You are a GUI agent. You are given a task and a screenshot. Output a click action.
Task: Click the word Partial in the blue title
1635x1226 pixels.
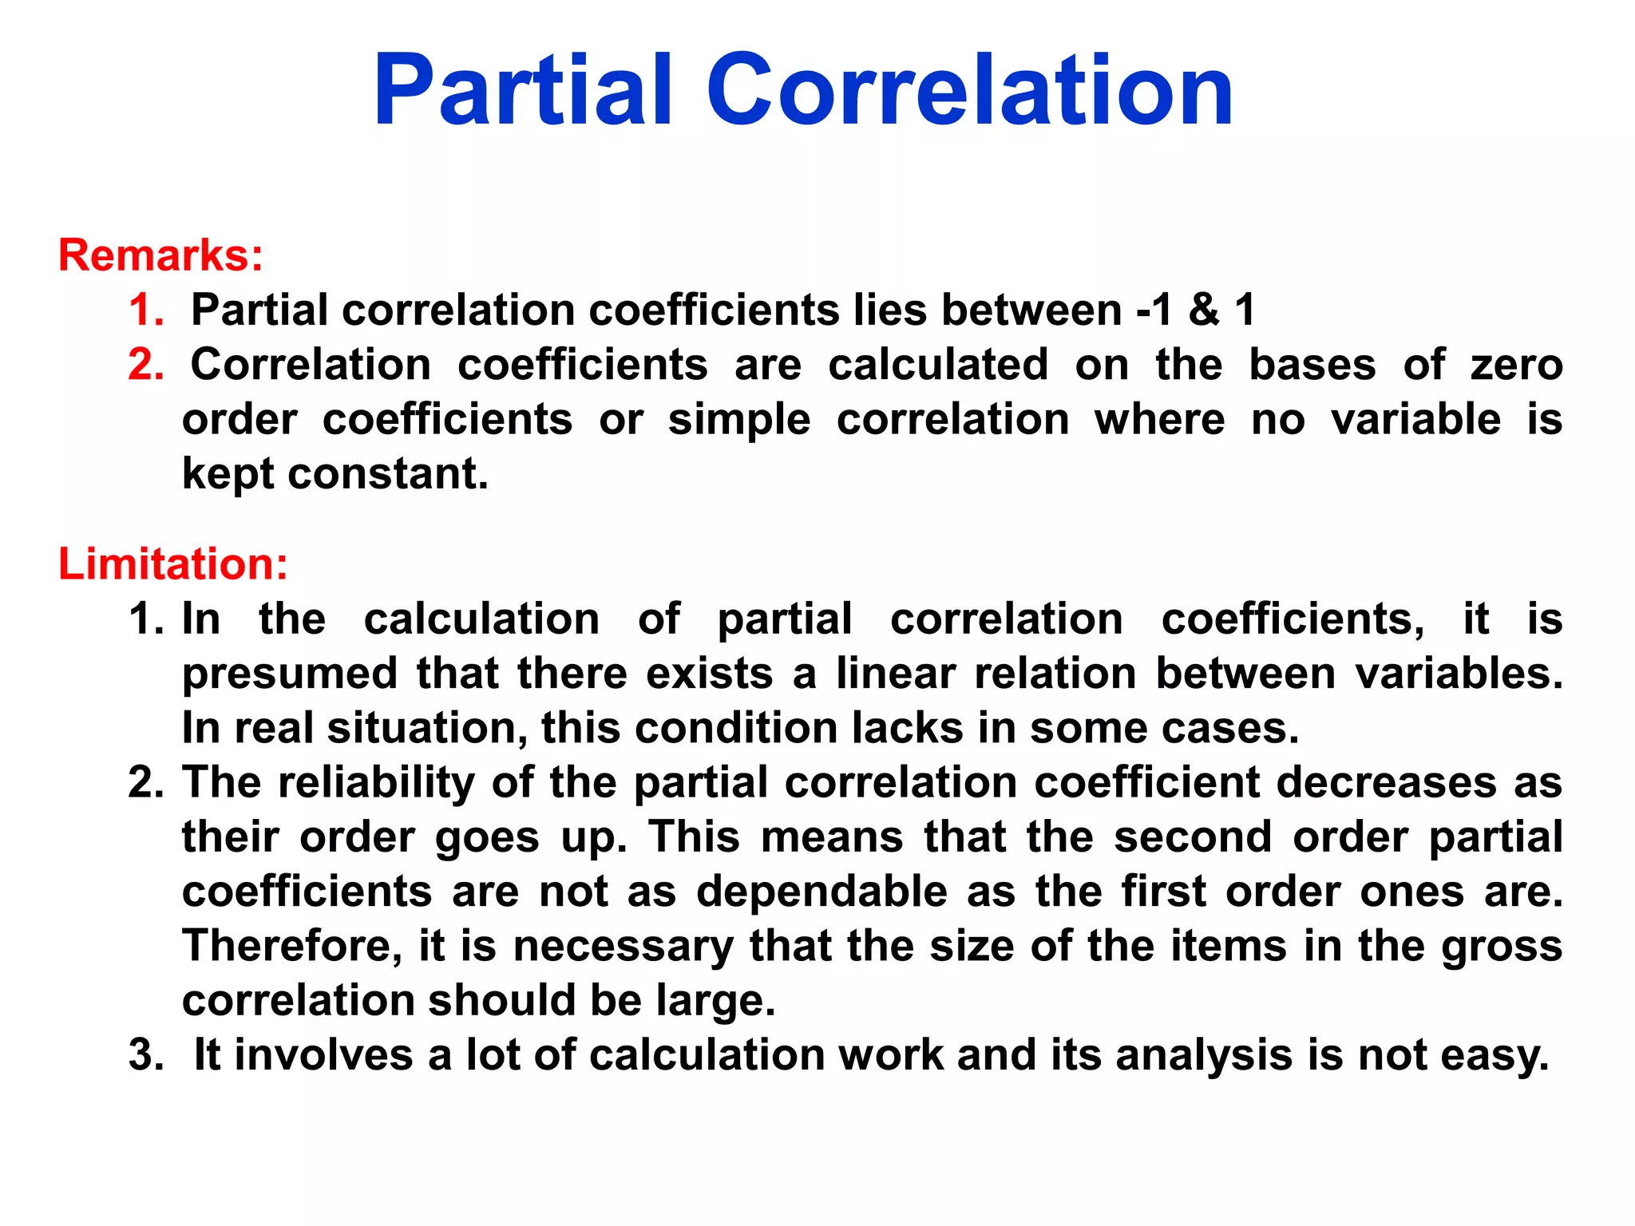[523, 89]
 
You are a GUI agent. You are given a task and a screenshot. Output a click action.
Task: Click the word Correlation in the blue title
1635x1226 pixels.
[970, 89]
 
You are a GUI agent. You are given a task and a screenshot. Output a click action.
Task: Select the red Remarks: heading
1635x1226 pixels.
[160, 255]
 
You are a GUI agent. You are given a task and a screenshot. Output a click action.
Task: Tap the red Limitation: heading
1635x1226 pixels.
[172, 564]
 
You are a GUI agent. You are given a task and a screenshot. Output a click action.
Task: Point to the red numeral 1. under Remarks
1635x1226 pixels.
[146, 310]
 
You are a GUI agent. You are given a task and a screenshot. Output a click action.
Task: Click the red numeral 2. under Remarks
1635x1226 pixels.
[146, 365]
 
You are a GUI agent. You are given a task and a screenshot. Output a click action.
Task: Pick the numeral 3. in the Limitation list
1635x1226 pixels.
[146, 1055]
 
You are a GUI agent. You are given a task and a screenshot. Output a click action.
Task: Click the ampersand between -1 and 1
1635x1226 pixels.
[1204, 310]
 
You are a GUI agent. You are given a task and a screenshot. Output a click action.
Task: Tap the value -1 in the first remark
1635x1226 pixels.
[1155, 310]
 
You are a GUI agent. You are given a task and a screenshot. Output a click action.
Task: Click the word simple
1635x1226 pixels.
[738, 421]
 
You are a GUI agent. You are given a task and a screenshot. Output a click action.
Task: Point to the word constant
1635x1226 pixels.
[388, 474]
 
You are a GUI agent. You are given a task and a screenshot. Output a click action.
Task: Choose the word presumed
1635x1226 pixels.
[290, 674]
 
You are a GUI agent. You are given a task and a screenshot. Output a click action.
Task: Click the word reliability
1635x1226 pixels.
[375, 783]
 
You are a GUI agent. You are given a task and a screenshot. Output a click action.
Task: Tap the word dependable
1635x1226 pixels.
[822, 892]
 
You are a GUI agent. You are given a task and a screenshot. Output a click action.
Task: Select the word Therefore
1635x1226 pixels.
[292, 947]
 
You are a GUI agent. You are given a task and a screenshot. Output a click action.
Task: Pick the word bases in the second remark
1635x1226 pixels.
[1312, 365]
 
